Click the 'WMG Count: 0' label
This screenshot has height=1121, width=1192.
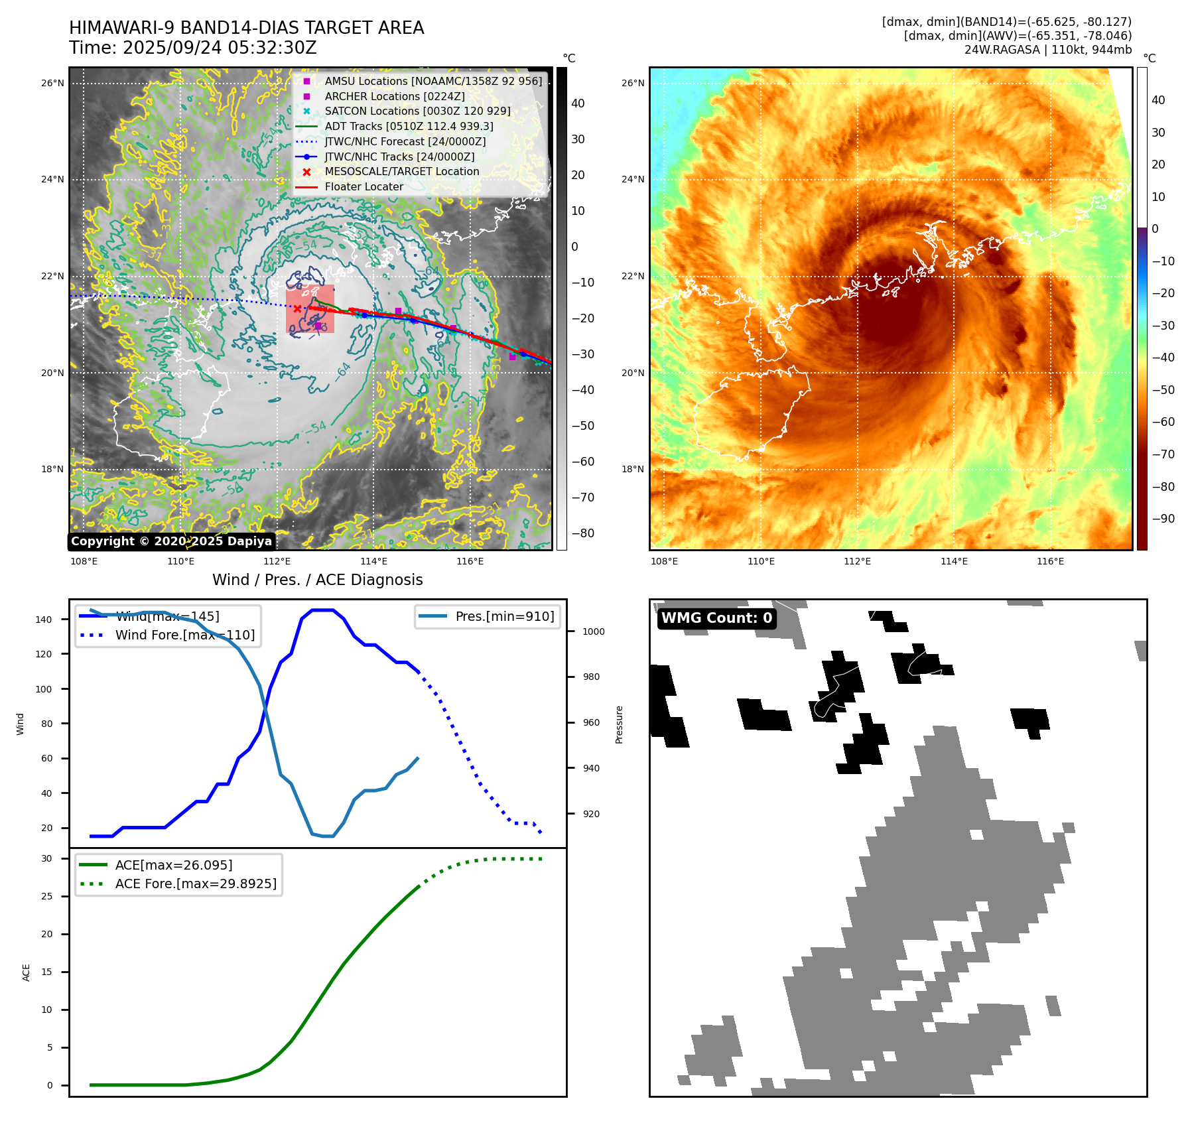tap(716, 618)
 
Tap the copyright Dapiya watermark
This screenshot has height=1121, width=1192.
tap(171, 541)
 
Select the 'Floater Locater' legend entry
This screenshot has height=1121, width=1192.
tap(364, 187)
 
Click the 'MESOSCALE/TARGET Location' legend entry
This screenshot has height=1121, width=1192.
tap(401, 172)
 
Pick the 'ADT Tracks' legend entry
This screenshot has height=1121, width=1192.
tap(409, 127)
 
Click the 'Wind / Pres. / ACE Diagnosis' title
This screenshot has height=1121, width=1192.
tap(317, 580)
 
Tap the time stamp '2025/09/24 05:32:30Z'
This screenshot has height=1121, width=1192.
tap(220, 48)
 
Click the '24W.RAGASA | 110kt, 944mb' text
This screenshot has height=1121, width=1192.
tap(1047, 50)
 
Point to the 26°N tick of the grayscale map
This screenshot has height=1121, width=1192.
tap(53, 84)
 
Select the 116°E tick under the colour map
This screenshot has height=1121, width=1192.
tap(1050, 562)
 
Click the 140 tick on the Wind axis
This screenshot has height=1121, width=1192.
tap(44, 620)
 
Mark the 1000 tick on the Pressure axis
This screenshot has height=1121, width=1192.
tap(593, 632)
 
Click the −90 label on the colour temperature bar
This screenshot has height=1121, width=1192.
tap(1163, 519)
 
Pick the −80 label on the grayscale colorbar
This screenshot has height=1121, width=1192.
tap(583, 533)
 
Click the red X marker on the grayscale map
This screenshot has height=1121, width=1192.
tap(297, 308)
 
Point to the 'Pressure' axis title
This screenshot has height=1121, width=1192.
tap(619, 724)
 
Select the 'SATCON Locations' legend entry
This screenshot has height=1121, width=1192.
tap(417, 111)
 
